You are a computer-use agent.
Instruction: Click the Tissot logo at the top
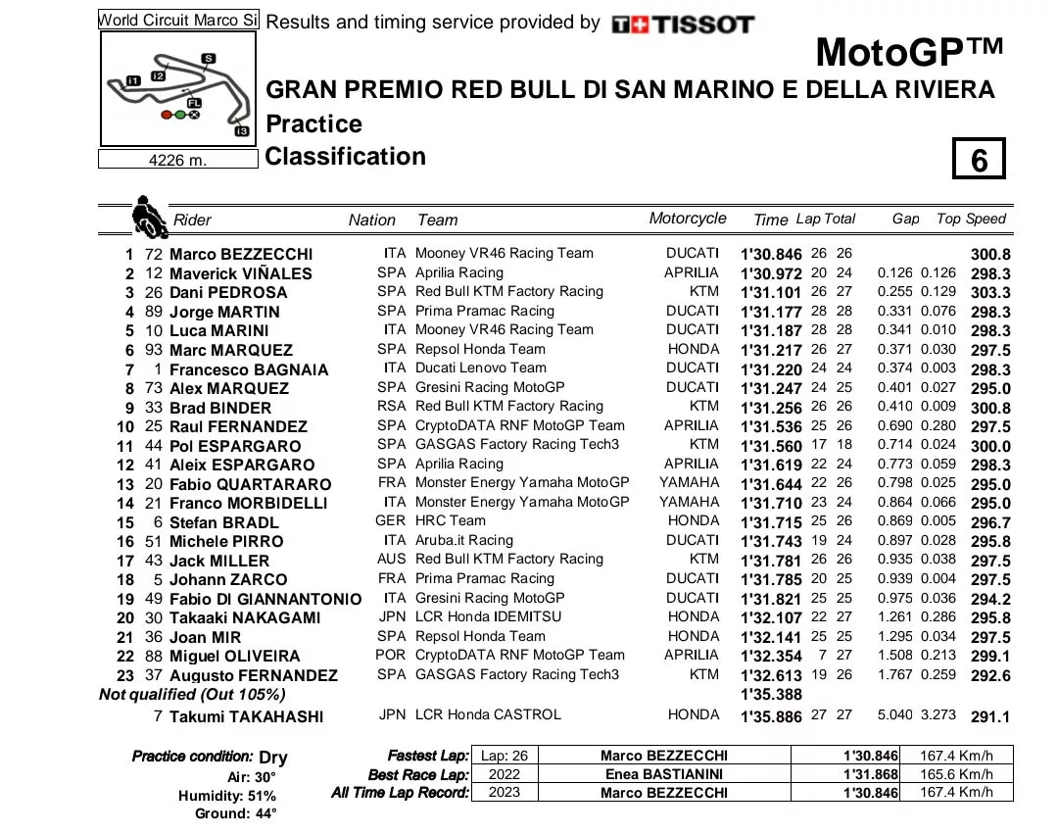click(683, 25)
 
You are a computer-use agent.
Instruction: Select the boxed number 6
click(979, 160)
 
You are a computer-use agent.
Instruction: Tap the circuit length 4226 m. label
click(177, 160)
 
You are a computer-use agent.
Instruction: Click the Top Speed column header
click(971, 219)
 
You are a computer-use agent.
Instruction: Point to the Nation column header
click(372, 221)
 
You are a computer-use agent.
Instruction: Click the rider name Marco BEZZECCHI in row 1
click(241, 254)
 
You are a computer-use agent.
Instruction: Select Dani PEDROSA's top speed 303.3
click(990, 292)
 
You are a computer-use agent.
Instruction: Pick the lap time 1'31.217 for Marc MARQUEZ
click(771, 350)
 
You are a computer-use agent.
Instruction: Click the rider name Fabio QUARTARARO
click(250, 484)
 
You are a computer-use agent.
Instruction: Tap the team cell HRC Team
click(451, 521)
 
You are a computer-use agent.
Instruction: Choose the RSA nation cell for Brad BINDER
click(391, 407)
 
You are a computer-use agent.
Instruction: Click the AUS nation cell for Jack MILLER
click(391, 560)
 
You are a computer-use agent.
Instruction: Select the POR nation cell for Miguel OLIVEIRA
click(391, 655)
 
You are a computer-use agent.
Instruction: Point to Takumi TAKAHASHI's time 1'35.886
click(771, 716)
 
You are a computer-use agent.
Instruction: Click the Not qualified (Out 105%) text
click(192, 694)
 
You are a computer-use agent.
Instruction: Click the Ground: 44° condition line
click(235, 813)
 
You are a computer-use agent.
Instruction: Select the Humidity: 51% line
click(227, 796)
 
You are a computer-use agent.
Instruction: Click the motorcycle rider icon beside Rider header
click(148, 217)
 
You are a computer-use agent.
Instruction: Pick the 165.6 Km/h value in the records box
click(957, 774)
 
